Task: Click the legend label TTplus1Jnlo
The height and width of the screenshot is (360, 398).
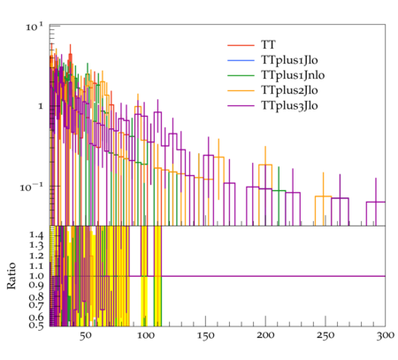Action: coord(293,75)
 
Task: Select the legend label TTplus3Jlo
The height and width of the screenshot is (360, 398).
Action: coord(289,105)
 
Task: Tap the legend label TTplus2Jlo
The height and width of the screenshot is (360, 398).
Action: coord(289,90)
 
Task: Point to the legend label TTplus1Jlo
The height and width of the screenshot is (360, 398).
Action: coord(289,60)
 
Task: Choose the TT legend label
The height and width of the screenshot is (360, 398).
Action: coord(268,45)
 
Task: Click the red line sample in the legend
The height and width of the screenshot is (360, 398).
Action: coord(241,45)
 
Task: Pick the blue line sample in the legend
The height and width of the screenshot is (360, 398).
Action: coord(241,60)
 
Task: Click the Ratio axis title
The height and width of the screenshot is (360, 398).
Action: coord(11,276)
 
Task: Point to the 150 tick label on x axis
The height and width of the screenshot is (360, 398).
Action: coord(205,335)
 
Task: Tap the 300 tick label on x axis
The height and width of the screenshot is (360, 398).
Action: coord(385,335)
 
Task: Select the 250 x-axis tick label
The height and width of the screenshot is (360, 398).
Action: coord(325,335)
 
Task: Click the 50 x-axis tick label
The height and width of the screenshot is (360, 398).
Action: coord(86,335)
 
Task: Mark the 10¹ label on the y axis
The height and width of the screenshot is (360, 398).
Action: coord(34,27)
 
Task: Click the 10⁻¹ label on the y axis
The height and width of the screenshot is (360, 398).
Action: coord(32,187)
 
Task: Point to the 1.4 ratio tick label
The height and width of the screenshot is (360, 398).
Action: coord(36,235)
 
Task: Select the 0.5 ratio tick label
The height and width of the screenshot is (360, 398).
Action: coord(36,326)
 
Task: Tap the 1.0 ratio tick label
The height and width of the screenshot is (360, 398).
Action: coord(36,276)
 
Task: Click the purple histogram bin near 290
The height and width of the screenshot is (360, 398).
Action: coord(376,202)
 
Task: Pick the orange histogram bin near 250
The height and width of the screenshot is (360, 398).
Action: coord(324,196)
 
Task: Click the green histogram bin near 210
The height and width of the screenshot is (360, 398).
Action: coord(279,191)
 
